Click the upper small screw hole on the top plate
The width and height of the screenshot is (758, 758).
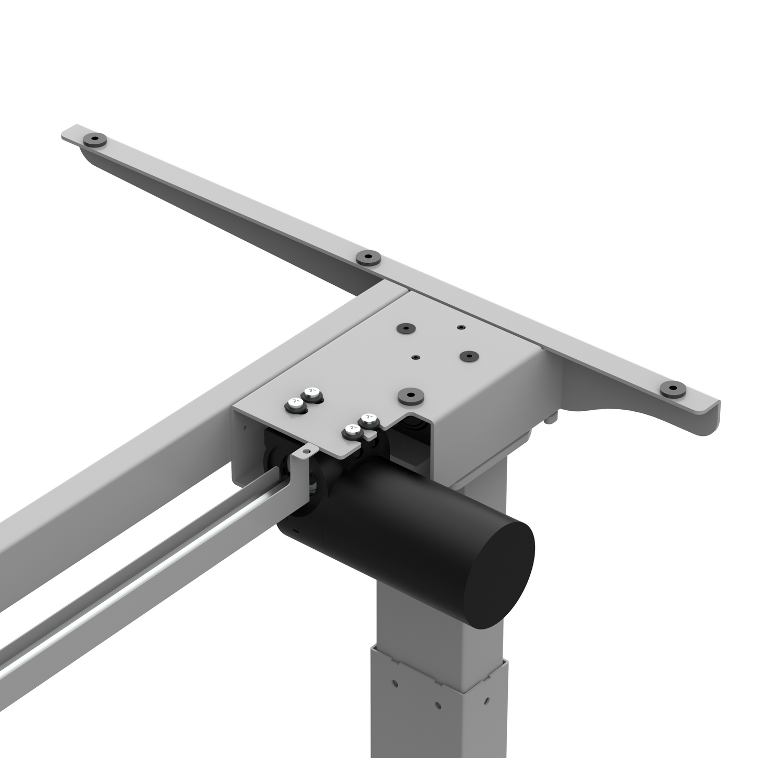(x=461, y=327)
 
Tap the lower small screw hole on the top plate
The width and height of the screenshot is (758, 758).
(x=415, y=357)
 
